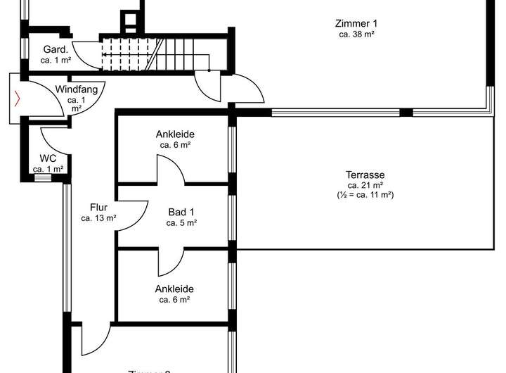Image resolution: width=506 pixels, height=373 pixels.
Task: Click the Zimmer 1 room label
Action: pos(356,23)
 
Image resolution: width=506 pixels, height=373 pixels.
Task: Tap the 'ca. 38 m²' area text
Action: pos(356,34)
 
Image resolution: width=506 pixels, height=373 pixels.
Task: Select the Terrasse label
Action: pos(365,175)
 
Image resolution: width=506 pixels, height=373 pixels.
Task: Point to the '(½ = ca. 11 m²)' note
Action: pos(365,195)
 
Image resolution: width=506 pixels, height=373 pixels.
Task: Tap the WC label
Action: pos(48,158)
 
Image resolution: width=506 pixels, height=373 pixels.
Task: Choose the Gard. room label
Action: pos(55,50)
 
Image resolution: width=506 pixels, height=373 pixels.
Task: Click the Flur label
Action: pos(98,208)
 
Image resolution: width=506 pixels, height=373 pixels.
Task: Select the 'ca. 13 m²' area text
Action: pos(98,218)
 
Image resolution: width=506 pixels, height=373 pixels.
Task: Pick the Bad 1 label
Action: pos(181,212)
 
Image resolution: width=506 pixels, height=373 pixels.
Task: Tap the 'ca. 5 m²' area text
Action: pos(181,223)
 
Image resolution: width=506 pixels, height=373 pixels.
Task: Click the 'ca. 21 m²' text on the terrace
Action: pos(365,186)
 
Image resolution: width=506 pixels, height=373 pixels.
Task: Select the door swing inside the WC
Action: pos(52,137)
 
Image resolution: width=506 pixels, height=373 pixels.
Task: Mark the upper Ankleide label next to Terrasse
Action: pos(175,134)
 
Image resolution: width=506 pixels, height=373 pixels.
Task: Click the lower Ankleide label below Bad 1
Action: pos(175,289)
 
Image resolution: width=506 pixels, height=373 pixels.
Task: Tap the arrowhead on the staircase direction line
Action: pos(104,54)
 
